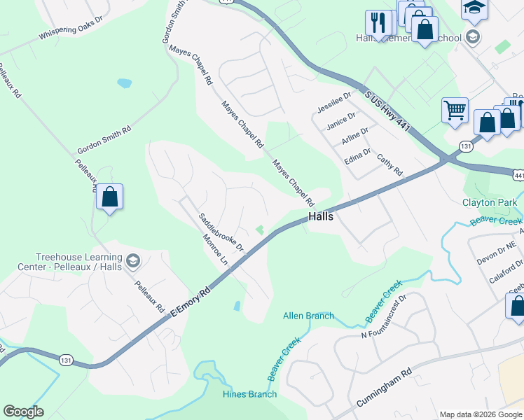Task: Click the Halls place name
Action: pyautogui.click(x=320, y=217)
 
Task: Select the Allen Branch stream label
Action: pyautogui.click(x=308, y=316)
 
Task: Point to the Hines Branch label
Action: pyautogui.click(x=249, y=394)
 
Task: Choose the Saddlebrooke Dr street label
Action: pyautogui.click(x=220, y=232)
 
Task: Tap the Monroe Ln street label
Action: pyautogui.click(x=215, y=248)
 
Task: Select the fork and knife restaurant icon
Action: pyautogui.click(x=378, y=22)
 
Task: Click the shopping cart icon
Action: pyautogui.click(x=454, y=110)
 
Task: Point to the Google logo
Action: pyautogui.click(x=23, y=412)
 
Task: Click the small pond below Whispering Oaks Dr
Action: pyautogui.click(x=124, y=83)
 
